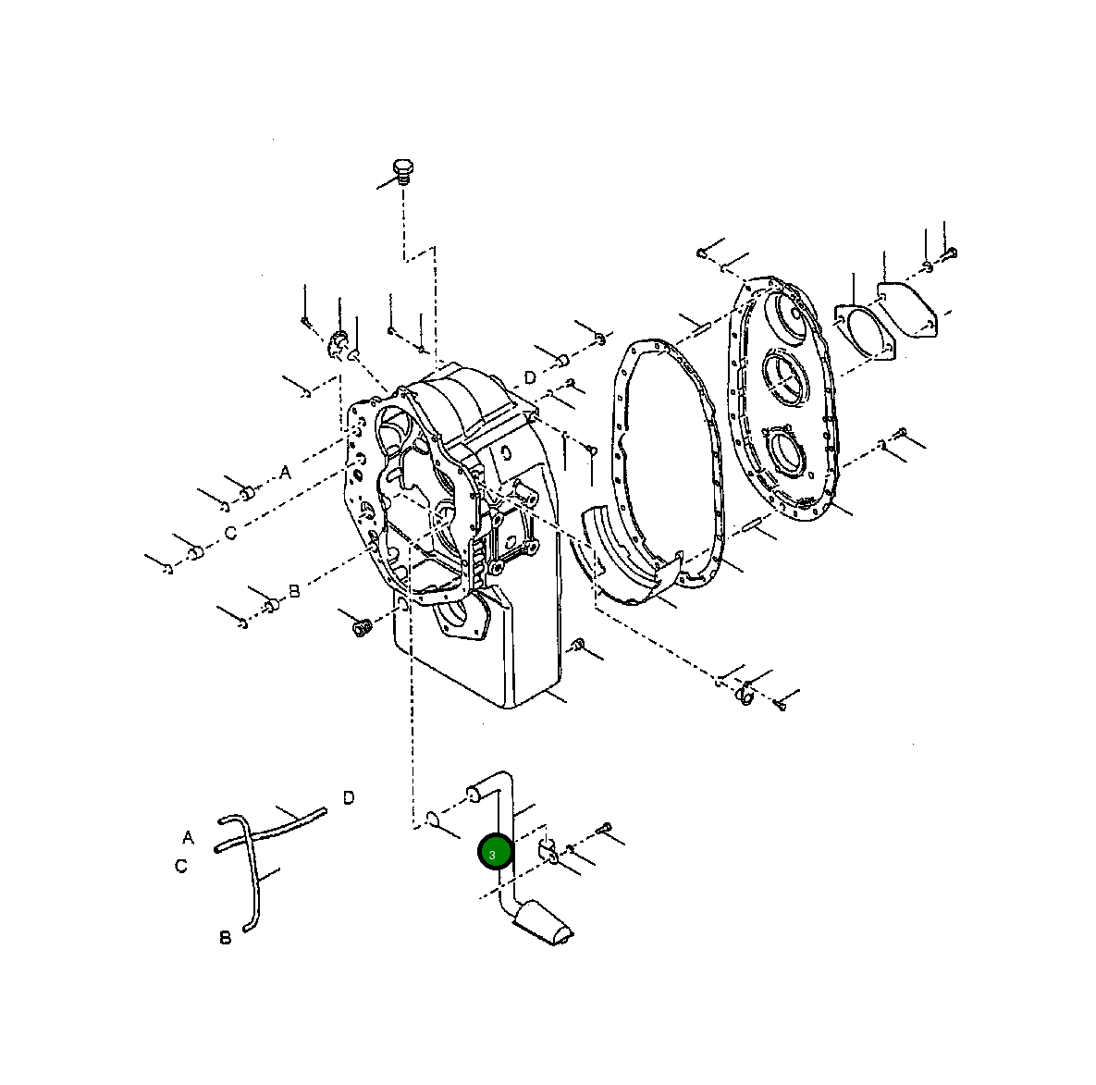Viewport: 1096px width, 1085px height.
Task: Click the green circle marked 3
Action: pyautogui.click(x=494, y=853)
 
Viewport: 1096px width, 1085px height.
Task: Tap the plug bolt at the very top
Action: pyautogui.click(x=402, y=171)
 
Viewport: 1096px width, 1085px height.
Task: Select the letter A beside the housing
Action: pyautogui.click(x=285, y=473)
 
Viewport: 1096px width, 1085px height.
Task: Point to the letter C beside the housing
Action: pyautogui.click(x=230, y=534)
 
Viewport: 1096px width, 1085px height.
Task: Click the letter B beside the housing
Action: pyautogui.click(x=294, y=590)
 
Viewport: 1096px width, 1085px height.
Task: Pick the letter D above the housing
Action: pyautogui.click(x=529, y=377)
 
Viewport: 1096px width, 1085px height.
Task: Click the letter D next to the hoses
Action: pyautogui.click(x=349, y=797)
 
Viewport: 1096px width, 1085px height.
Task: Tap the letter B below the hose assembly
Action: pyautogui.click(x=225, y=938)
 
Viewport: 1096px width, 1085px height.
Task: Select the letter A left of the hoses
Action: pyautogui.click(x=188, y=837)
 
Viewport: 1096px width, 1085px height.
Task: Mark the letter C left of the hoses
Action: pyautogui.click(x=181, y=866)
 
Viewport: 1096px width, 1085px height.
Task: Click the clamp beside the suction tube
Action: pyautogui.click(x=546, y=851)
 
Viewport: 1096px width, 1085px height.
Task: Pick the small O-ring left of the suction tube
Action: pyautogui.click(x=432, y=819)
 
